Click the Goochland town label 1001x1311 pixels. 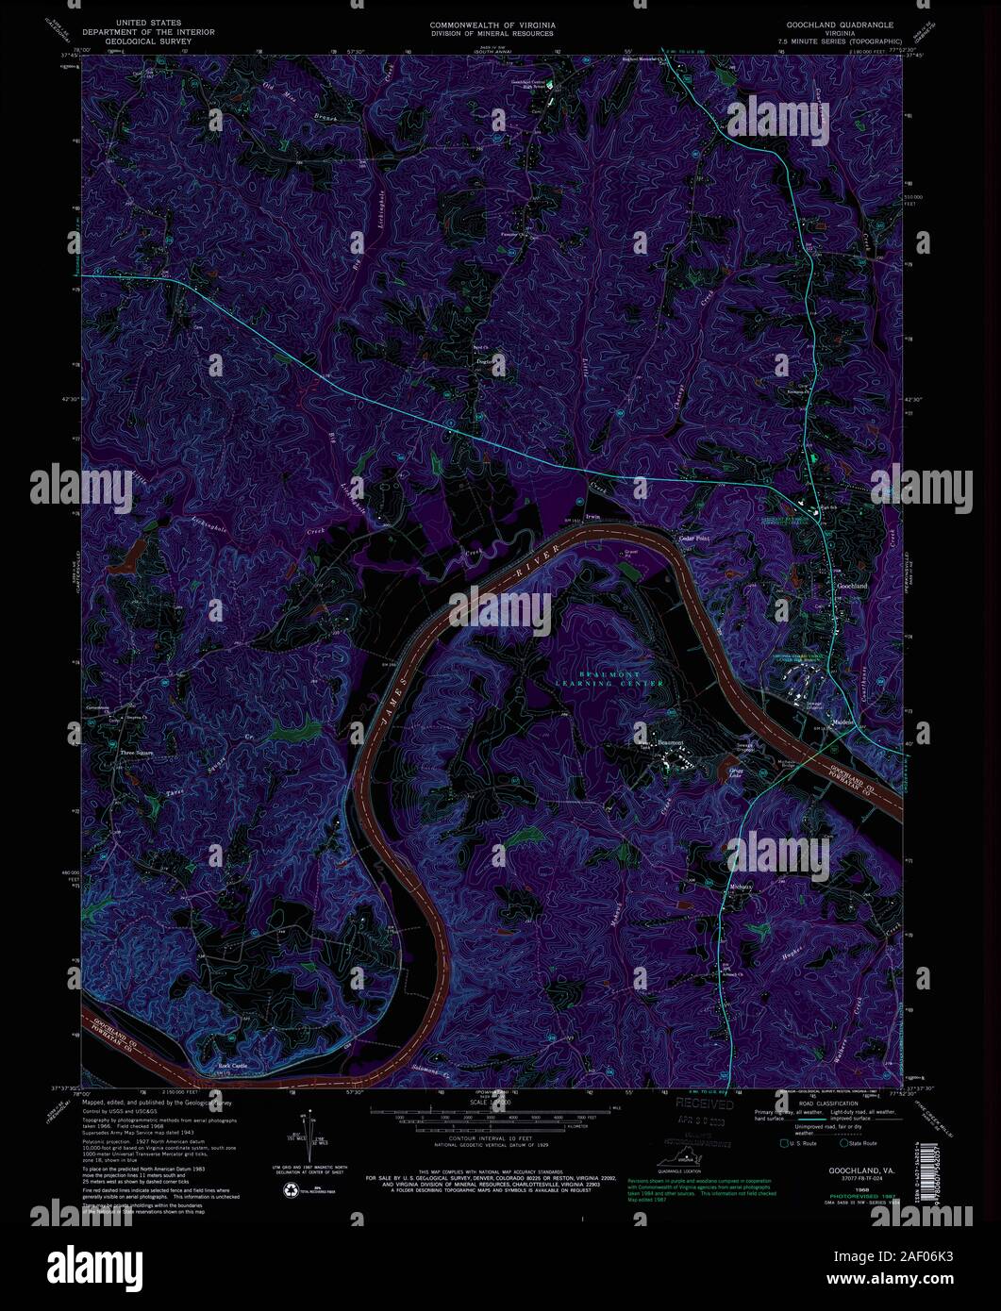click(852, 587)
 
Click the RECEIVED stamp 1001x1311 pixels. click(703, 1104)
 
